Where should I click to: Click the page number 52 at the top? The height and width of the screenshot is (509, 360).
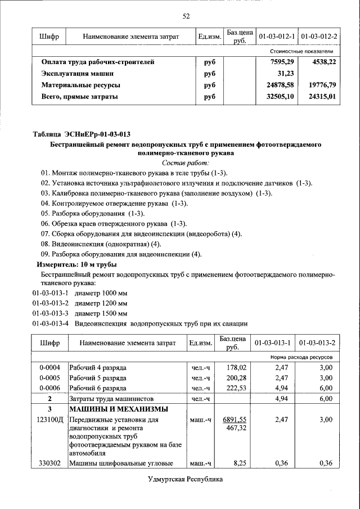pyautogui.click(x=186, y=16)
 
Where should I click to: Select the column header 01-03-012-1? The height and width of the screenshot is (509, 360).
pyautogui.click(x=277, y=37)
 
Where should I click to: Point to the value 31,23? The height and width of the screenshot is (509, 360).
pyautogui.click(x=286, y=74)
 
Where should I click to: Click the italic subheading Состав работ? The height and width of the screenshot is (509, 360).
pyautogui.click(x=186, y=163)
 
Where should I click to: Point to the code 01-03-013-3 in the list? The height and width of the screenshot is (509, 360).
pyautogui.click(x=50, y=313)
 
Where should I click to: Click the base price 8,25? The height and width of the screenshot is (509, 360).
pyautogui.click(x=240, y=463)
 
